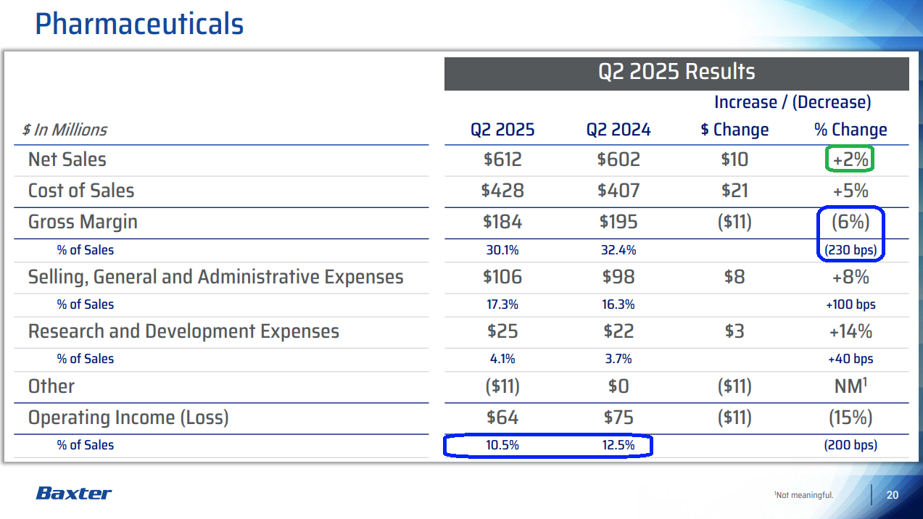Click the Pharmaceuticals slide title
[x=139, y=25]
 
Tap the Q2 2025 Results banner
[x=676, y=72]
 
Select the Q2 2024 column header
[x=618, y=130]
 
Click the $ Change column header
[x=734, y=130]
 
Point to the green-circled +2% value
[x=850, y=159]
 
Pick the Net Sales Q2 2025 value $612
[x=502, y=159]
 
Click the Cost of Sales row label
[x=81, y=191]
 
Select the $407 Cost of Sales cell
[x=618, y=191]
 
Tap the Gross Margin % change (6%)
[x=850, y=222]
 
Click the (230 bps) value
[x=850, y=250]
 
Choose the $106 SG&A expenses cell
[x=502, y=277]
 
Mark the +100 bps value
[x=850, y=304]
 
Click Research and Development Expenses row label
[x=183, y=331]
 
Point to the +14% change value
[x=850, y=331]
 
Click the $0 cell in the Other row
[x=618, y=386]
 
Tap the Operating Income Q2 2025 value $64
[x=502, y=418]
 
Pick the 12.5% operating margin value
[x=618, y=445]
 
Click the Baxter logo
[x=74, y=494]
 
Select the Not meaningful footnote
[x=804, y=496]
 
